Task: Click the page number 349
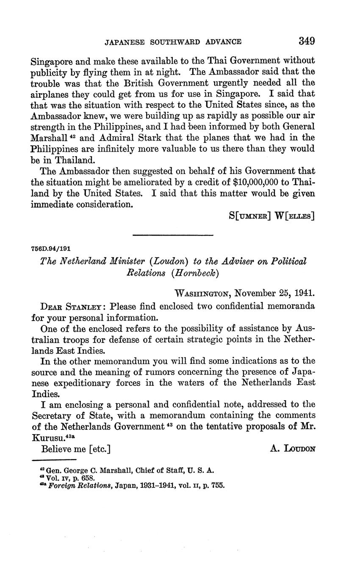306,41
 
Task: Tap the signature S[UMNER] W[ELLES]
271,215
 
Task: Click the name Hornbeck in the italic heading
195,273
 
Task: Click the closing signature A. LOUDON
292,449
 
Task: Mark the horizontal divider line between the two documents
173,235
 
